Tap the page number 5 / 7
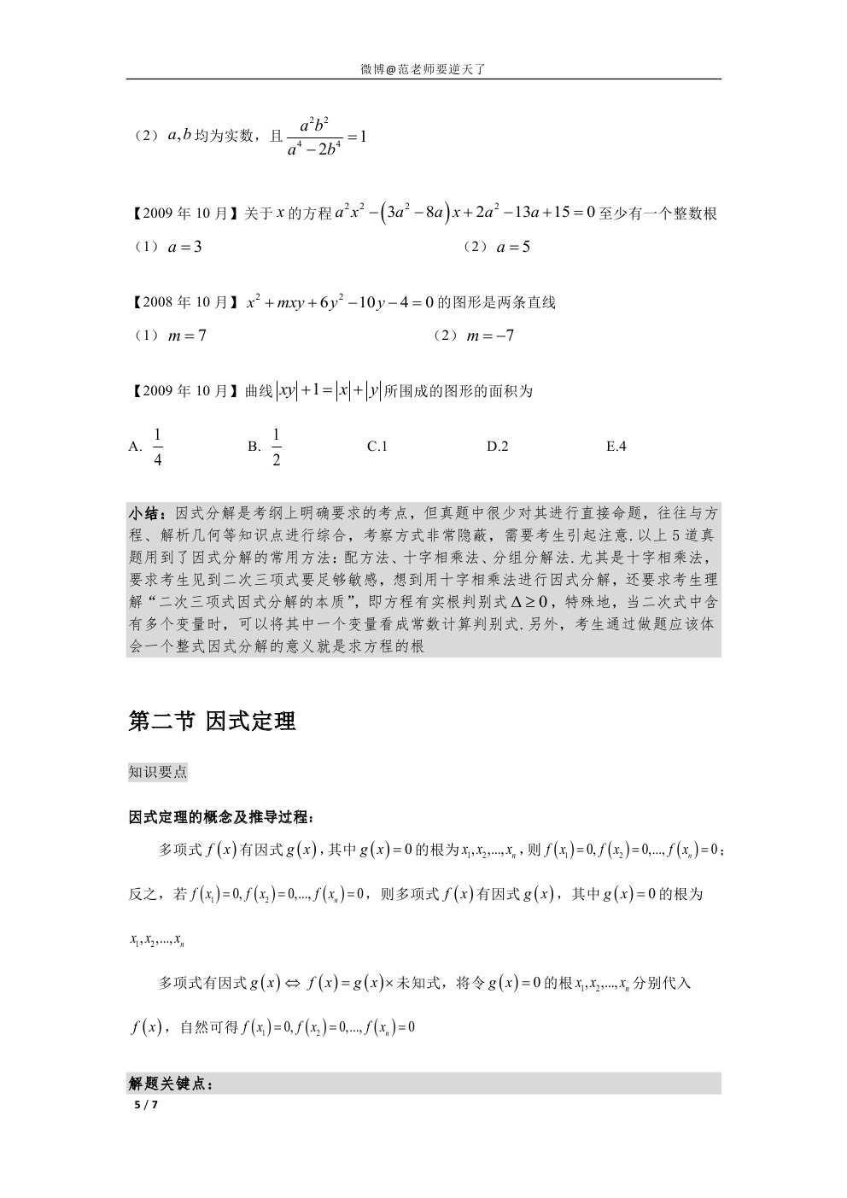[x=146, y=1105]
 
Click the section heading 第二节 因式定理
[x=212, y=722]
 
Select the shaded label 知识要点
[x=158, y=773]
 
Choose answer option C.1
[x=377, y=447]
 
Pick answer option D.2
[x=498, y=447]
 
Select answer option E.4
[x=616, y=447]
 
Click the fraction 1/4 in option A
[x=158, y=447]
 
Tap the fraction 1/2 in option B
[x=277, y=447]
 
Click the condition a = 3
[x=184, y=248]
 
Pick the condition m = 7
[x=187, y=336]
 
